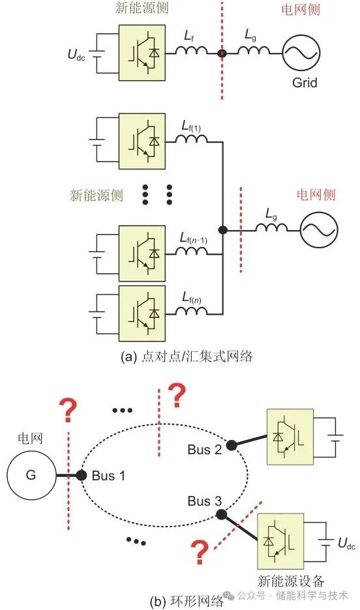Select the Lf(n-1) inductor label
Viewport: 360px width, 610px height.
coord(194,239)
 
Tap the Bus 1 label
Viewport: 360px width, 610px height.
coord(108,475)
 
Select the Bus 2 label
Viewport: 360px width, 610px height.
coord(203,450)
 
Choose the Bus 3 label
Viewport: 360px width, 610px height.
coord(204,501)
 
